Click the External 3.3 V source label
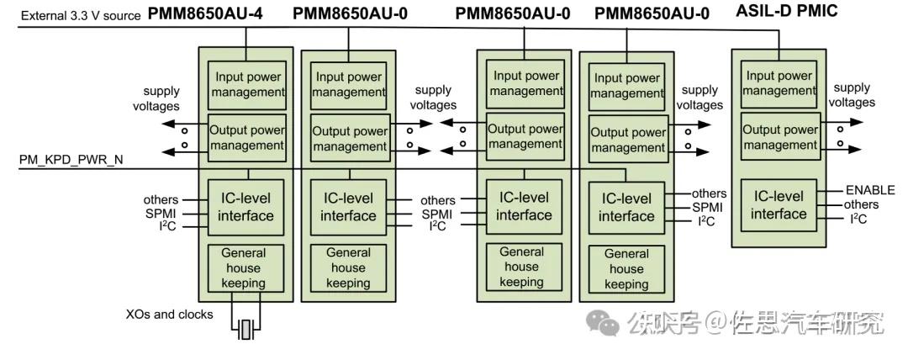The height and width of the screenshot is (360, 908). [x=81, y=16]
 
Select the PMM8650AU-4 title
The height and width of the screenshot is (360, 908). [x=205, y=14]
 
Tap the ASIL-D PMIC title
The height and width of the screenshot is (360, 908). [x=786, y=11]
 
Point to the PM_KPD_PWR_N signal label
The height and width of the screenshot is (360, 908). [x=71, y=160]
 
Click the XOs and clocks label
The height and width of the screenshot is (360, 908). [x=170, y=315]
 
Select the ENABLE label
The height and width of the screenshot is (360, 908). [x=870, y=190]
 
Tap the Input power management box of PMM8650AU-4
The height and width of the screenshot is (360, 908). [x=246, y=85]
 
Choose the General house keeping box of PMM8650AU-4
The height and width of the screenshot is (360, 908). [x=245, y=268]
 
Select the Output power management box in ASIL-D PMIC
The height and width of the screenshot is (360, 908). [x=780, y=138]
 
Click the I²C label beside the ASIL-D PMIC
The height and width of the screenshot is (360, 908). [x=858, y=220]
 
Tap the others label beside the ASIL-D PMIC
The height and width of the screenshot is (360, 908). [x=861, y=204]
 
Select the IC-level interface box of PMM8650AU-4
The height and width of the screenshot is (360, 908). [x=245, y=207]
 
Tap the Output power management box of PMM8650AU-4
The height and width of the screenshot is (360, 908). [x=246, y=137]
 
